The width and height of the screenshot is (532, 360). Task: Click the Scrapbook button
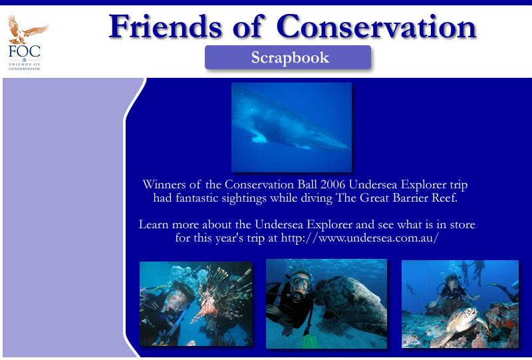(x=288, y=57)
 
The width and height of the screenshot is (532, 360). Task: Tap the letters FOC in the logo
(x=25, y=51)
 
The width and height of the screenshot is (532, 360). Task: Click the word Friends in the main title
(x=165, y=26)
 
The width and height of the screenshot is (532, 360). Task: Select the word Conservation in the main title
(x=376, y=26)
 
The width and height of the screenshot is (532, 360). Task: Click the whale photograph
(x=291, y=127)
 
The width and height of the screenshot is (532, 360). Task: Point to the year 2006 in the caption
(x=333, y=184)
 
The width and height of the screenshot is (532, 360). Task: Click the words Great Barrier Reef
(x=408, y=198)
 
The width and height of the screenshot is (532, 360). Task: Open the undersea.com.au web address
(x=360, y=238)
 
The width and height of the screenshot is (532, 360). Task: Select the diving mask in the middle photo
(x=300, y=282)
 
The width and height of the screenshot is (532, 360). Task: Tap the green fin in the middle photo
(x=311, y=341)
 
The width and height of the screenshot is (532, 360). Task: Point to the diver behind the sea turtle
(x=452, y=289)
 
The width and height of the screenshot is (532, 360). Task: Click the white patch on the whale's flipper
(x=259, y=138)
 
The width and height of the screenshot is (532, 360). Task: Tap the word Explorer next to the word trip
(x=424, y=184)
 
